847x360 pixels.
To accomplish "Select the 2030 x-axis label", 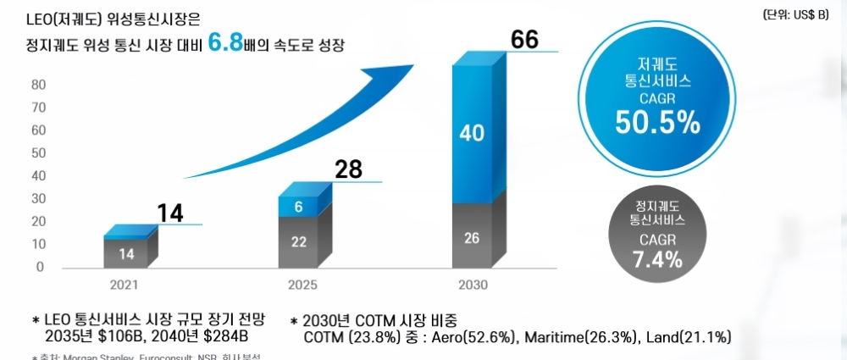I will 473,285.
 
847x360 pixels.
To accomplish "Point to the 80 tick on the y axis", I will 38,84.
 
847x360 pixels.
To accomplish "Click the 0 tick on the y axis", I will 41,267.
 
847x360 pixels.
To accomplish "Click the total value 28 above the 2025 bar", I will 347,169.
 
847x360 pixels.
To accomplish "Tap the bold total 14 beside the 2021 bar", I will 171,213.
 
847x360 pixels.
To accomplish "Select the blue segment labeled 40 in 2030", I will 472,133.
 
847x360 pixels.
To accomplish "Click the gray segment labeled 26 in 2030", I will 472,238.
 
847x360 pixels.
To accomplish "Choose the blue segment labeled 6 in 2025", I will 298,207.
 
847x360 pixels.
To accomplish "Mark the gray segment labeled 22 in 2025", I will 298,241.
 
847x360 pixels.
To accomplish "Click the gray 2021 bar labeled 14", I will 126,252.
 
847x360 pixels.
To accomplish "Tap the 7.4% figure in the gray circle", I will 657,259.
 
